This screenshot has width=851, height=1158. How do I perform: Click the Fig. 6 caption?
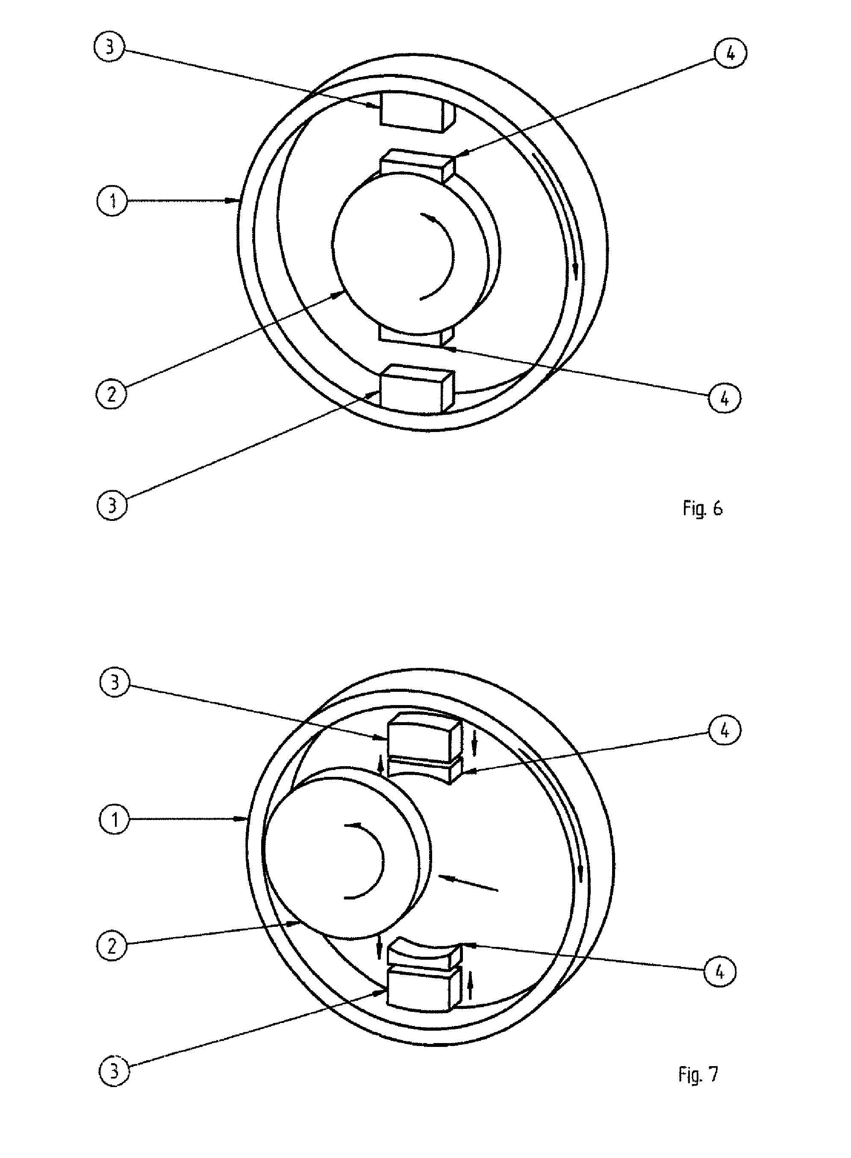(x=703, y=509)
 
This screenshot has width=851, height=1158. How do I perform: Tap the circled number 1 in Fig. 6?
(x=112, y=200)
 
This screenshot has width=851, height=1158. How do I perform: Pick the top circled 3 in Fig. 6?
(x=110, y=47)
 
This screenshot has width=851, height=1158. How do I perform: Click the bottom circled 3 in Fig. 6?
(x=112, y=505)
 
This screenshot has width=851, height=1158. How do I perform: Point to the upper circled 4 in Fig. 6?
(x=730, y=53)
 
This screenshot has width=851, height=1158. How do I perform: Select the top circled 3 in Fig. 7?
(x=115, y=683)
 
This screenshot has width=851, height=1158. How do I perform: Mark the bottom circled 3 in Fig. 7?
(x=114, y=1071)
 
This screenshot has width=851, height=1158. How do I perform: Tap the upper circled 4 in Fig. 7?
(x=724, y=730)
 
